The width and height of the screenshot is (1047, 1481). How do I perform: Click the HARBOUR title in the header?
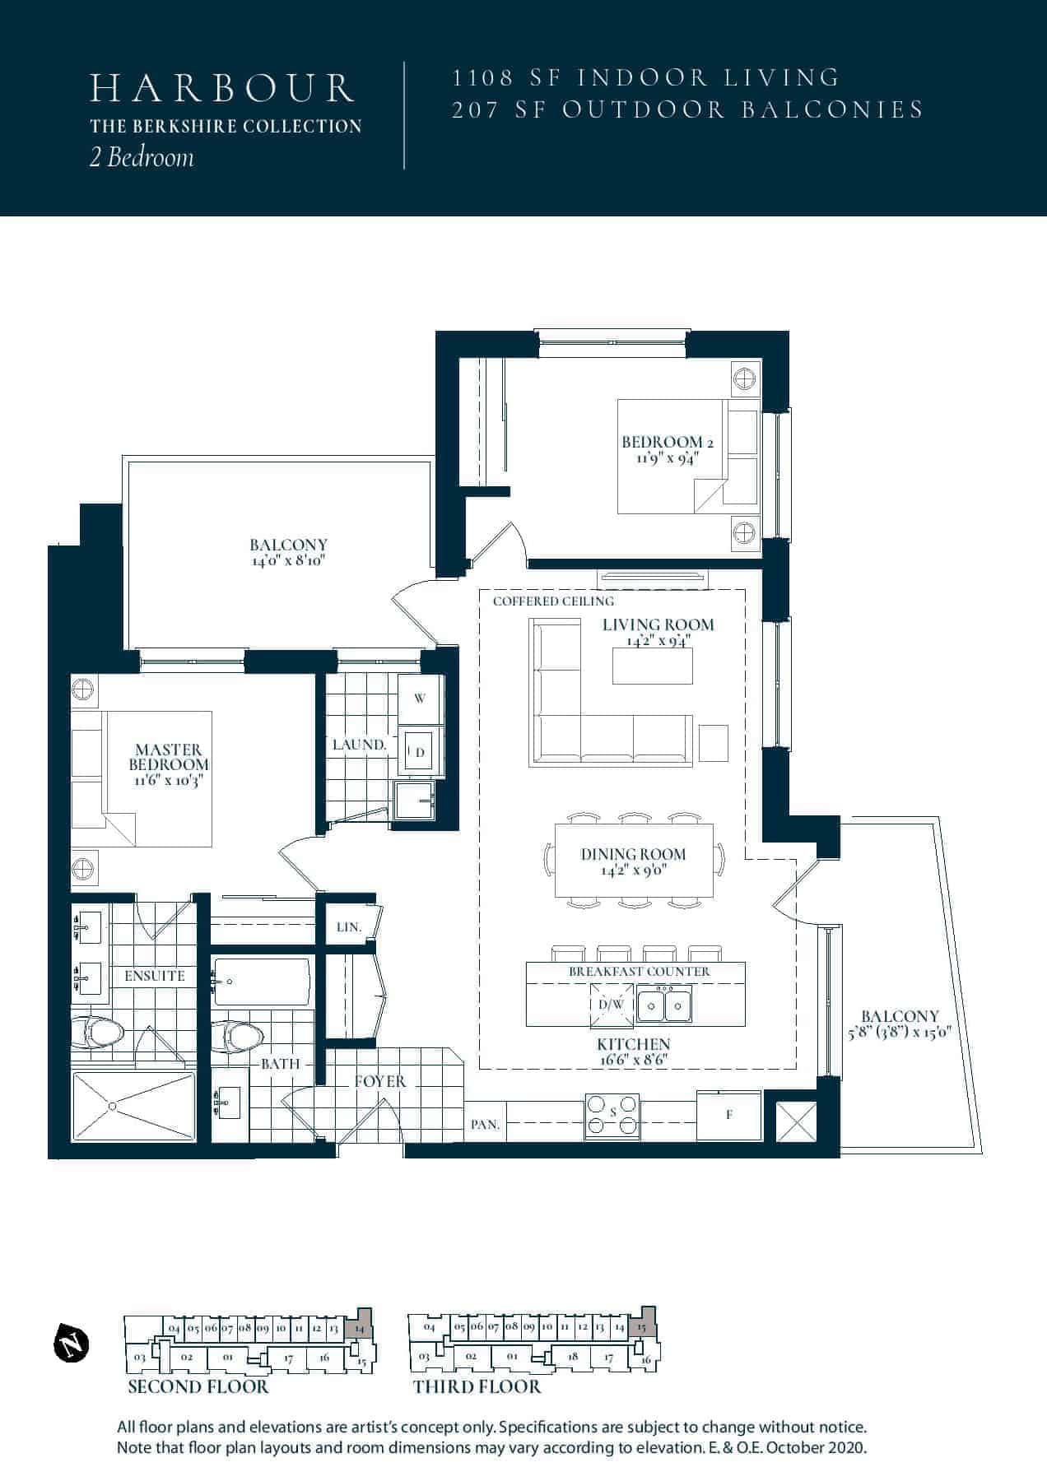coord(222,89)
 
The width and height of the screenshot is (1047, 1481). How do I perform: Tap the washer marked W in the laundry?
coord(420,699)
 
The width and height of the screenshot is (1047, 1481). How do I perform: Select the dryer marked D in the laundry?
coord(420,751)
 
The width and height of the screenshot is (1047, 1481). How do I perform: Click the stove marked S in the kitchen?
coord(612,1116)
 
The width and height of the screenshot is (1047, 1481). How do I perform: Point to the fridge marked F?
coord(729,1116)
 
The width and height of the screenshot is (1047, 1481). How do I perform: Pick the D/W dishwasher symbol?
coord(612,1005)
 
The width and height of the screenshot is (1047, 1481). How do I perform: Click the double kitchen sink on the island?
coord(666,1004)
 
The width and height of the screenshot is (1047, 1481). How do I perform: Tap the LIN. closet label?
coord(349,926)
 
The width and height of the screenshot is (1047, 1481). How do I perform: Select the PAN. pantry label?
coord(486,1125)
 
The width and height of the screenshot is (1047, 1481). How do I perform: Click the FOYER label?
coord(380,1081)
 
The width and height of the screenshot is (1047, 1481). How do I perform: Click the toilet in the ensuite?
coord(96,1032)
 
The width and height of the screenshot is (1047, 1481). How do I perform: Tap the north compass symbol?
coord(71,1344)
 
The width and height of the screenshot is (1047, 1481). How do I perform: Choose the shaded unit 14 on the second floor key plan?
coord(358,1325)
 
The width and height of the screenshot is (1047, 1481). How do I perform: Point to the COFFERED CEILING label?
coord(554,601)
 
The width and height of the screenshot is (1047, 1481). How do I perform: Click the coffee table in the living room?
coord(652,666)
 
